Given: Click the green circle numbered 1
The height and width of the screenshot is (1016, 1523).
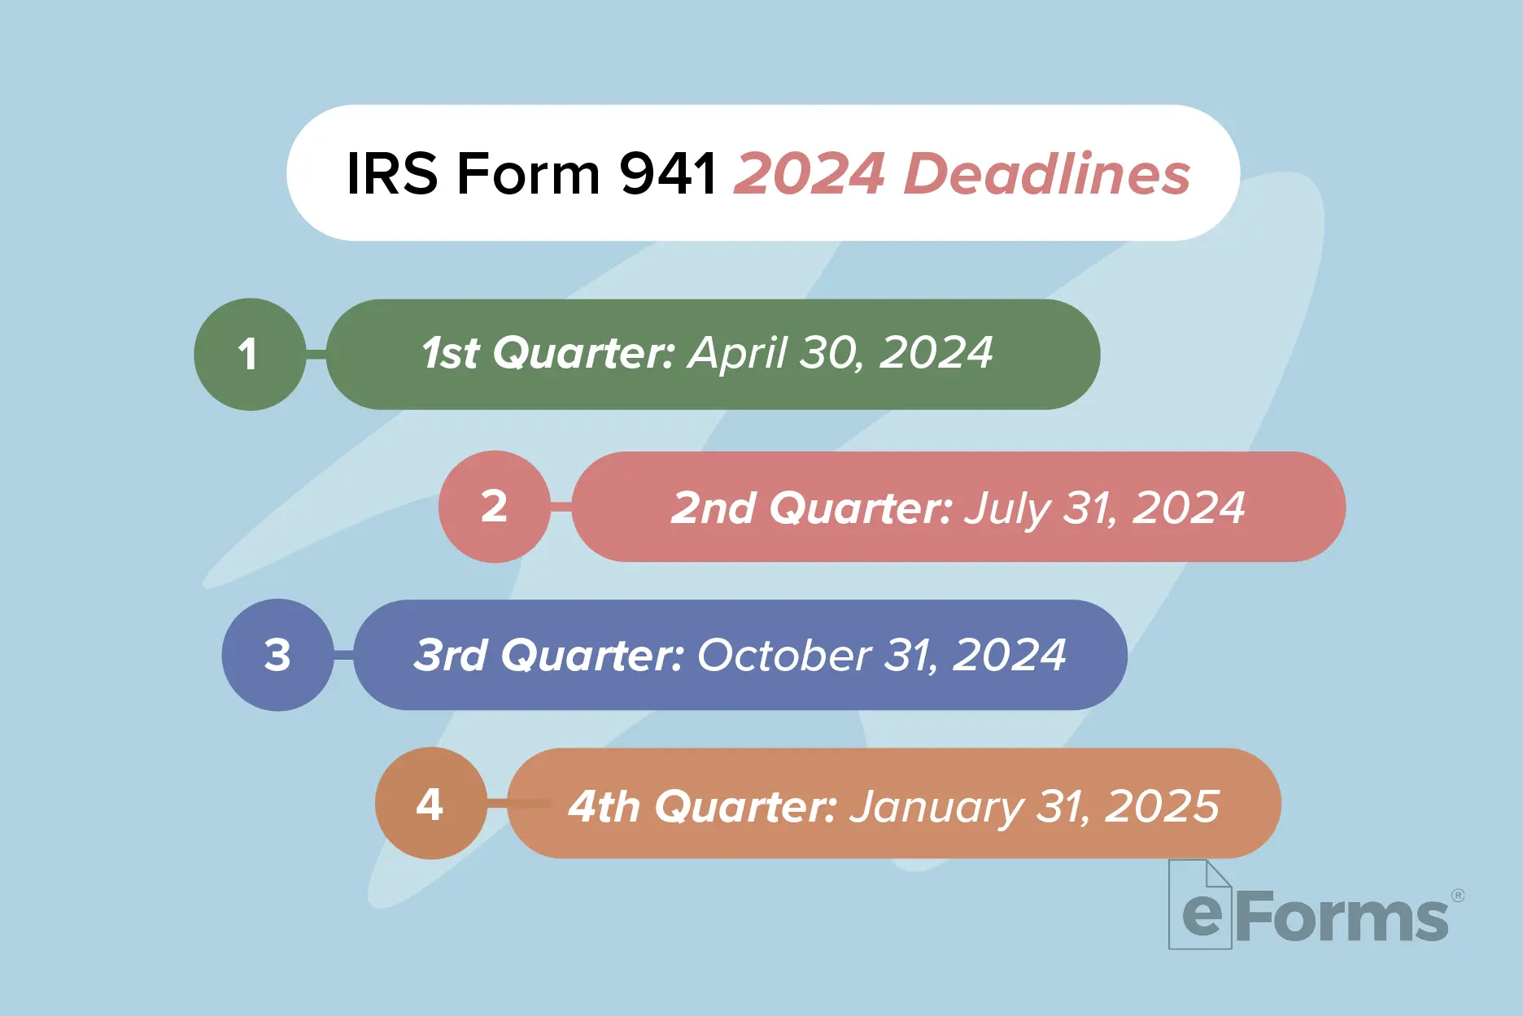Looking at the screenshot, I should [250, 354].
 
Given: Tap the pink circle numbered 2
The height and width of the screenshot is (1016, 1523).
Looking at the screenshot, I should [494, 506].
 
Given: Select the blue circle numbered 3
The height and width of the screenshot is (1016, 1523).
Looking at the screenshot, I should [277, 655].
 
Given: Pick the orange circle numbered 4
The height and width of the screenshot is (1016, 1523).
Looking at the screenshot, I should [430, 804].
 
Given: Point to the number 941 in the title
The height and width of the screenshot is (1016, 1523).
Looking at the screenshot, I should [668, 173].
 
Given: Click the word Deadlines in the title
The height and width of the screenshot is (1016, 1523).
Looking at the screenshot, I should [1047, 173].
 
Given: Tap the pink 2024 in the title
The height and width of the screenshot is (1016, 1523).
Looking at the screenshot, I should [810, 173].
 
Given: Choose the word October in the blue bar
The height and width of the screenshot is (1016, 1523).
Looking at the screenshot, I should [784, 655].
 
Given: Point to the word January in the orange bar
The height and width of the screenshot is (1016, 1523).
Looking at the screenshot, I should [936, 807].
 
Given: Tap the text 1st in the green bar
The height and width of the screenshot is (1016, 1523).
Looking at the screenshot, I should [451, 353].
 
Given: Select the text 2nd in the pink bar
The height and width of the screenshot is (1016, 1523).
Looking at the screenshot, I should [713, 508].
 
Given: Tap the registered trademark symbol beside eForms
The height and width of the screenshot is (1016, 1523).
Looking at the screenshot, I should [1458, 896].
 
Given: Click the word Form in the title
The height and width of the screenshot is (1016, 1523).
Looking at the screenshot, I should [529, 173].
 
